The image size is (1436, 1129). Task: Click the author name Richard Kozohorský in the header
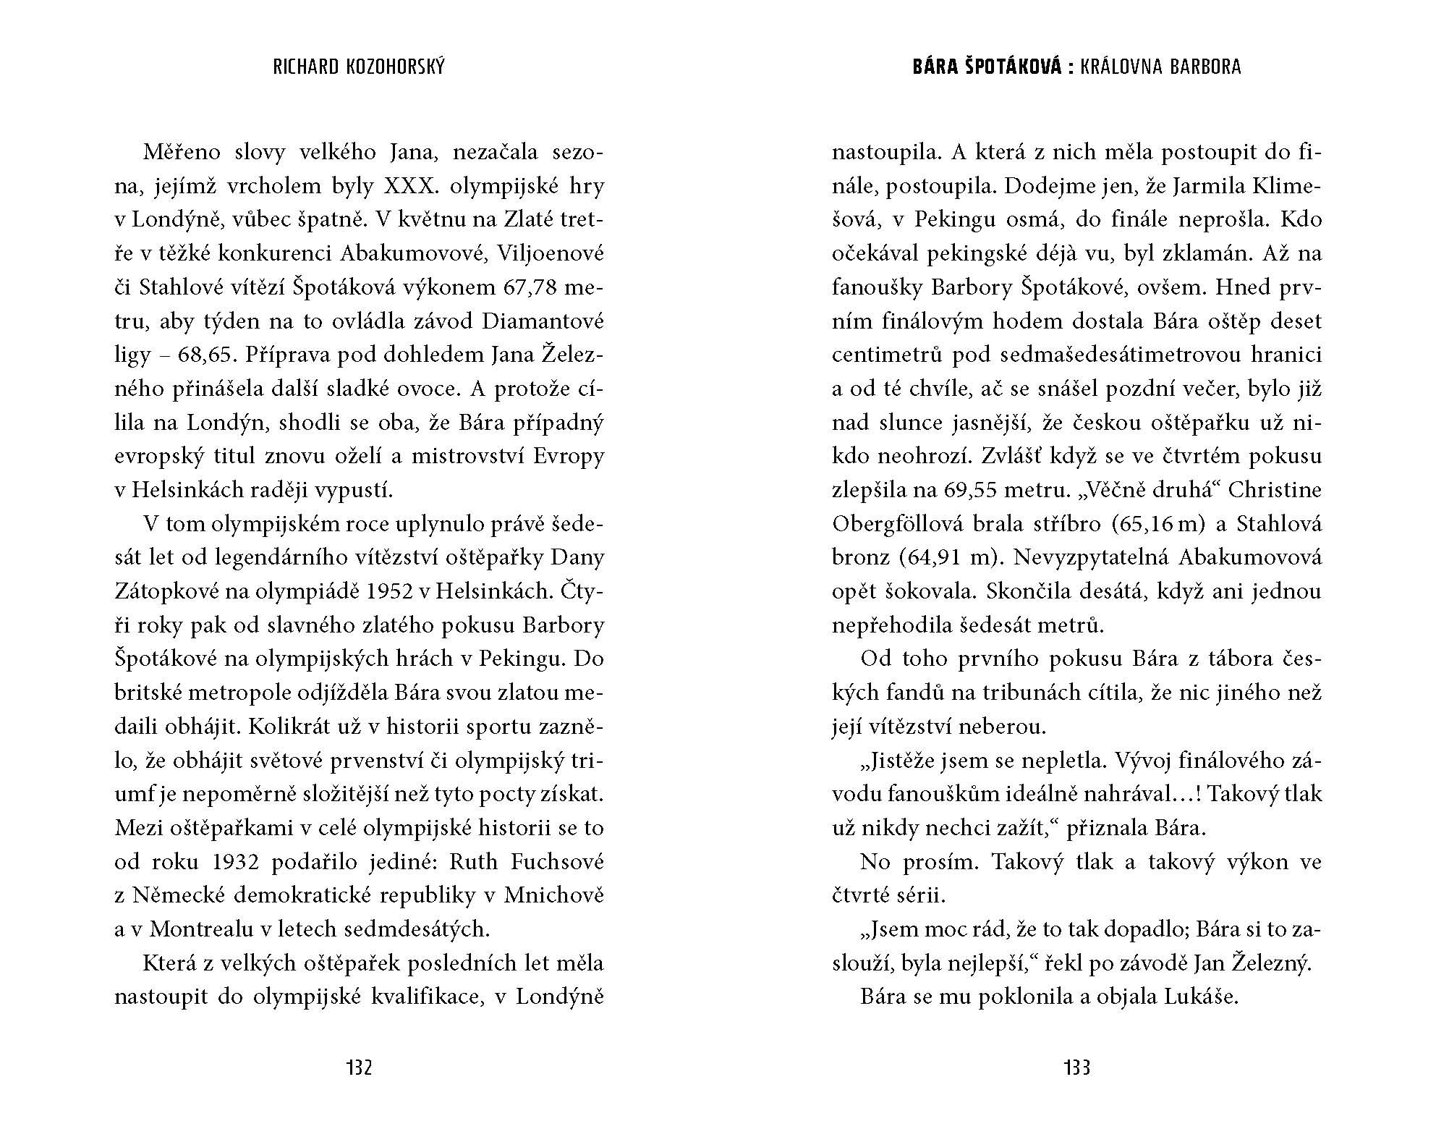tap(359, 67)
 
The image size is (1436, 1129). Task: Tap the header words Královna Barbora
tap(1160, 67)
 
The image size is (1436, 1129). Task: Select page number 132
tap(359, 1067)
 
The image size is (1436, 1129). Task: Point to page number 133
tap(1076, 1067)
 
